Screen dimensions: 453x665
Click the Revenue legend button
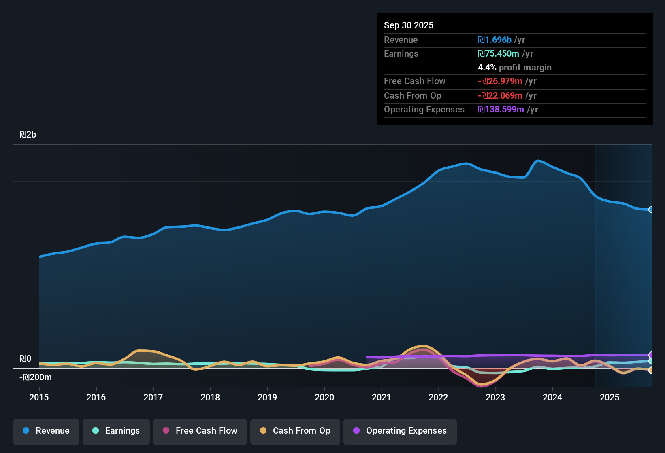[x=46, y=431]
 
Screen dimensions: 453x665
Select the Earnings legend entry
[x=116, y=431]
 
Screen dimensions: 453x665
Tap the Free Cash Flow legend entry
[x=200, y=431]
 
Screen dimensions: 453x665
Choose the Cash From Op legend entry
[x=295, y=431]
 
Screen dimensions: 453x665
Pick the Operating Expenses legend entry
[x=400, y=431]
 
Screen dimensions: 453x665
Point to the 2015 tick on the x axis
[x=39, y=397]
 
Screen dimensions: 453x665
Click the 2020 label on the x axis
[x=324, y=397]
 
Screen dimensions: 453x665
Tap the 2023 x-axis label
[x=495, y=397]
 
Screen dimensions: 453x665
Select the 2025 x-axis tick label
[x=610, y=397]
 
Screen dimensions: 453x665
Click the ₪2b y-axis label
[x=28, y=135]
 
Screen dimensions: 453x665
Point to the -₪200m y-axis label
[x=36, y=377]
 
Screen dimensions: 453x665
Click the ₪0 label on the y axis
[x=25, y=359]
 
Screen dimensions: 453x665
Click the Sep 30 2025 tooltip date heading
[x=409, y=25]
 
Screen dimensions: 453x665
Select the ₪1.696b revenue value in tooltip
[x=494, y=40]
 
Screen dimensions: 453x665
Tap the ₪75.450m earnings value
[x=498, y=54]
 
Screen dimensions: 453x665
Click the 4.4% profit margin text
[x=514, y=68]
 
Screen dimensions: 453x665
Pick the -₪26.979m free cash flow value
[x=500, y=81]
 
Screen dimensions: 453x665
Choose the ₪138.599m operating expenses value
[x=501, y=110]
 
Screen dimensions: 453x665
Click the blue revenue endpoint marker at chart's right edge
[x=651, y=210]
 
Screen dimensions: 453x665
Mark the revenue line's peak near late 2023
[x=538, y=161]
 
